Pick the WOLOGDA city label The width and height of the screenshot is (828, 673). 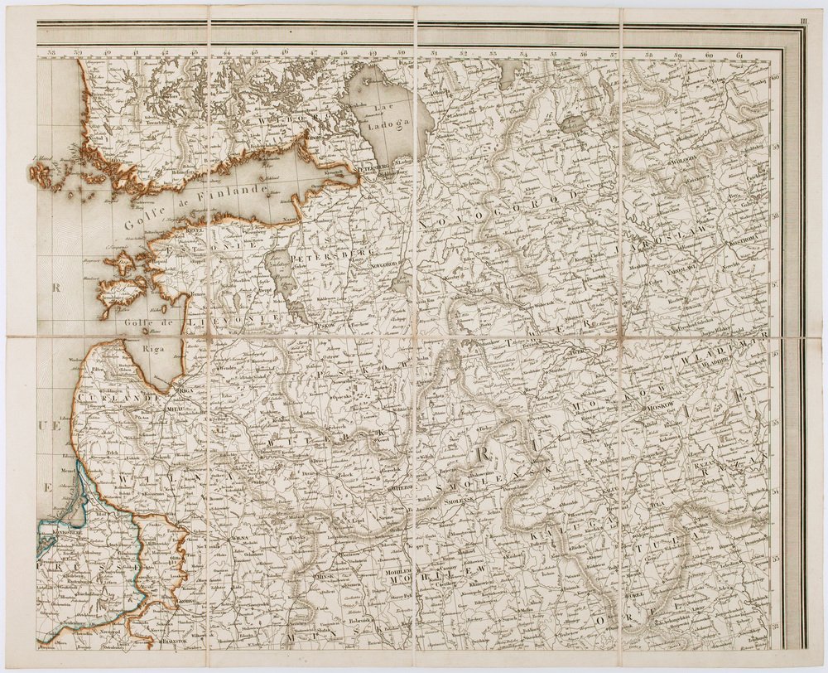684,156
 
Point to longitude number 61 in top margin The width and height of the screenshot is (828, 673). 739,56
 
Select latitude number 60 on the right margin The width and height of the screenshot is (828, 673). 776,80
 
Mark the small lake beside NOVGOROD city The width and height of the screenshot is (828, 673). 400,286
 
